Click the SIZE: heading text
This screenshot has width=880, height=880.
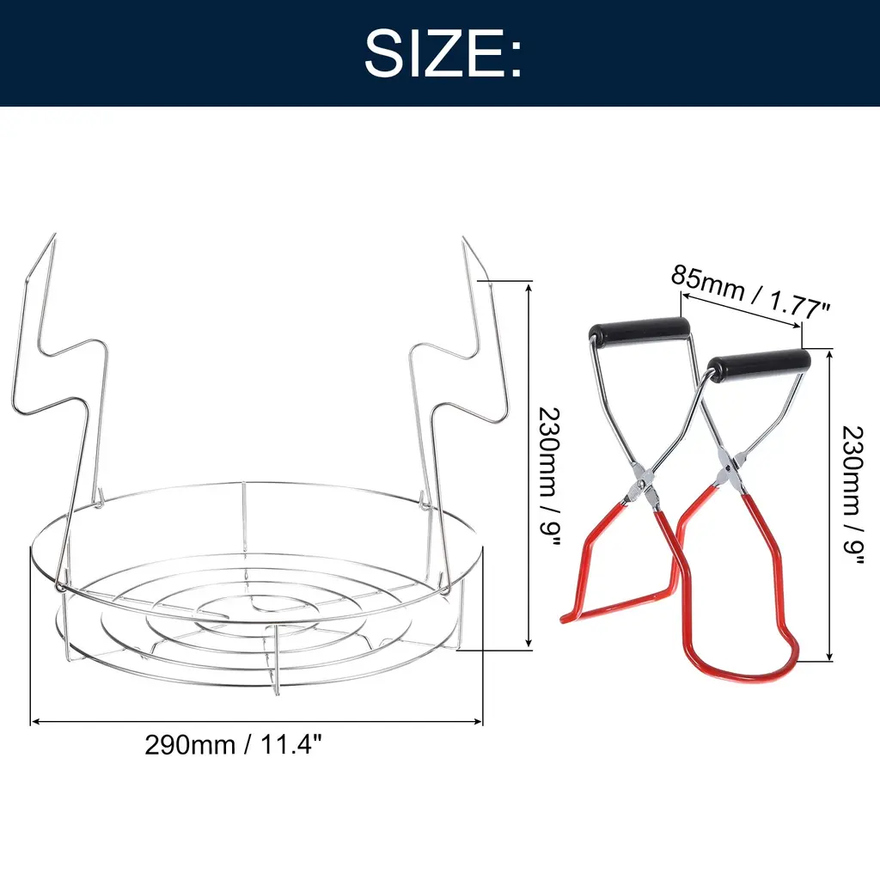click(x=443, y=53)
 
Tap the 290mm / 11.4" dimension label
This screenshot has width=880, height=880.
click(x=234, y=745)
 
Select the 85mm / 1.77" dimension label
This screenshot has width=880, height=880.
click(x=750, y=292)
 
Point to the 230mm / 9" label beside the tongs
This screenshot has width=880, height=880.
click(x=852, y=496)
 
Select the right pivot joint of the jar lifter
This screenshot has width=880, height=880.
click(x=729, y=466)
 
